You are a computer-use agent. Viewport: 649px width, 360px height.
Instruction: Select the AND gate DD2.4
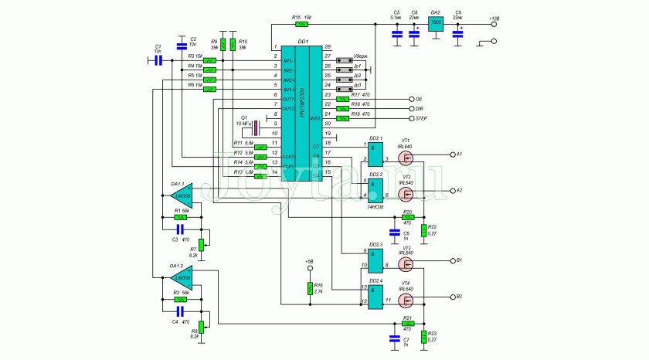(375, 297)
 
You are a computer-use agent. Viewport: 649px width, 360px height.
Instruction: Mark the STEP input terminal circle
(410, 119)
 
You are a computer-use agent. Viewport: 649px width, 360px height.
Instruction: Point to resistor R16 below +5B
(309, 289)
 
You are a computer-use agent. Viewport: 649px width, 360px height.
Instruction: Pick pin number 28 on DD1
(328, 48)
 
